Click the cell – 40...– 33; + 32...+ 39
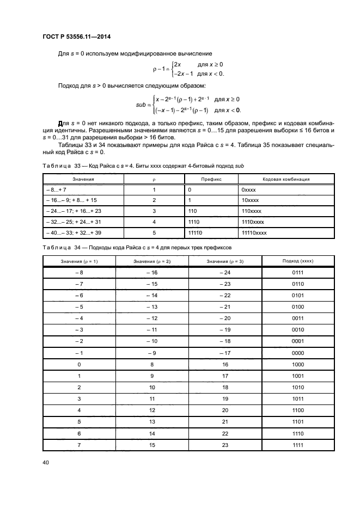coord(71,232)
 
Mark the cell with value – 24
coord(225,272)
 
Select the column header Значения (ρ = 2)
coord(152,261)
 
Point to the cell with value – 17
coord(225,353)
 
